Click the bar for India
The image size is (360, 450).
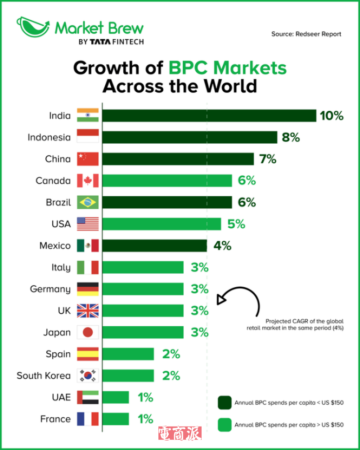click(209, 116)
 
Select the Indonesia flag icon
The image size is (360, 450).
click(87, 137)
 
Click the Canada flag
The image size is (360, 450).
click(87, 181)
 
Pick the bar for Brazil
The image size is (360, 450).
click(167, 202)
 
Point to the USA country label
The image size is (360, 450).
click(61, 224)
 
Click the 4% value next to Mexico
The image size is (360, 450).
click(222, 246)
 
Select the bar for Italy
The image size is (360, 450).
click(143, 267)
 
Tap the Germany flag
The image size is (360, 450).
click(87, 289)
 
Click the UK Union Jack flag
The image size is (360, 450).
click(87, 310)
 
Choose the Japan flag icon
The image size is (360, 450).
click(87, 333)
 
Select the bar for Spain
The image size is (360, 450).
click(128, 354)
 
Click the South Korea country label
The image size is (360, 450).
click(44, 376)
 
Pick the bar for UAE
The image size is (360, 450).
click(115, 397)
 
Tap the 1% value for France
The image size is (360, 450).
click(145, 419)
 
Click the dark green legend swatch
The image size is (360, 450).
click(224, 402)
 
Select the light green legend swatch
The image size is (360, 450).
click(224, 424)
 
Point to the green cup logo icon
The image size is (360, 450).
click(33, 27)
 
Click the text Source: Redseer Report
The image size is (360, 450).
click(306, 34)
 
